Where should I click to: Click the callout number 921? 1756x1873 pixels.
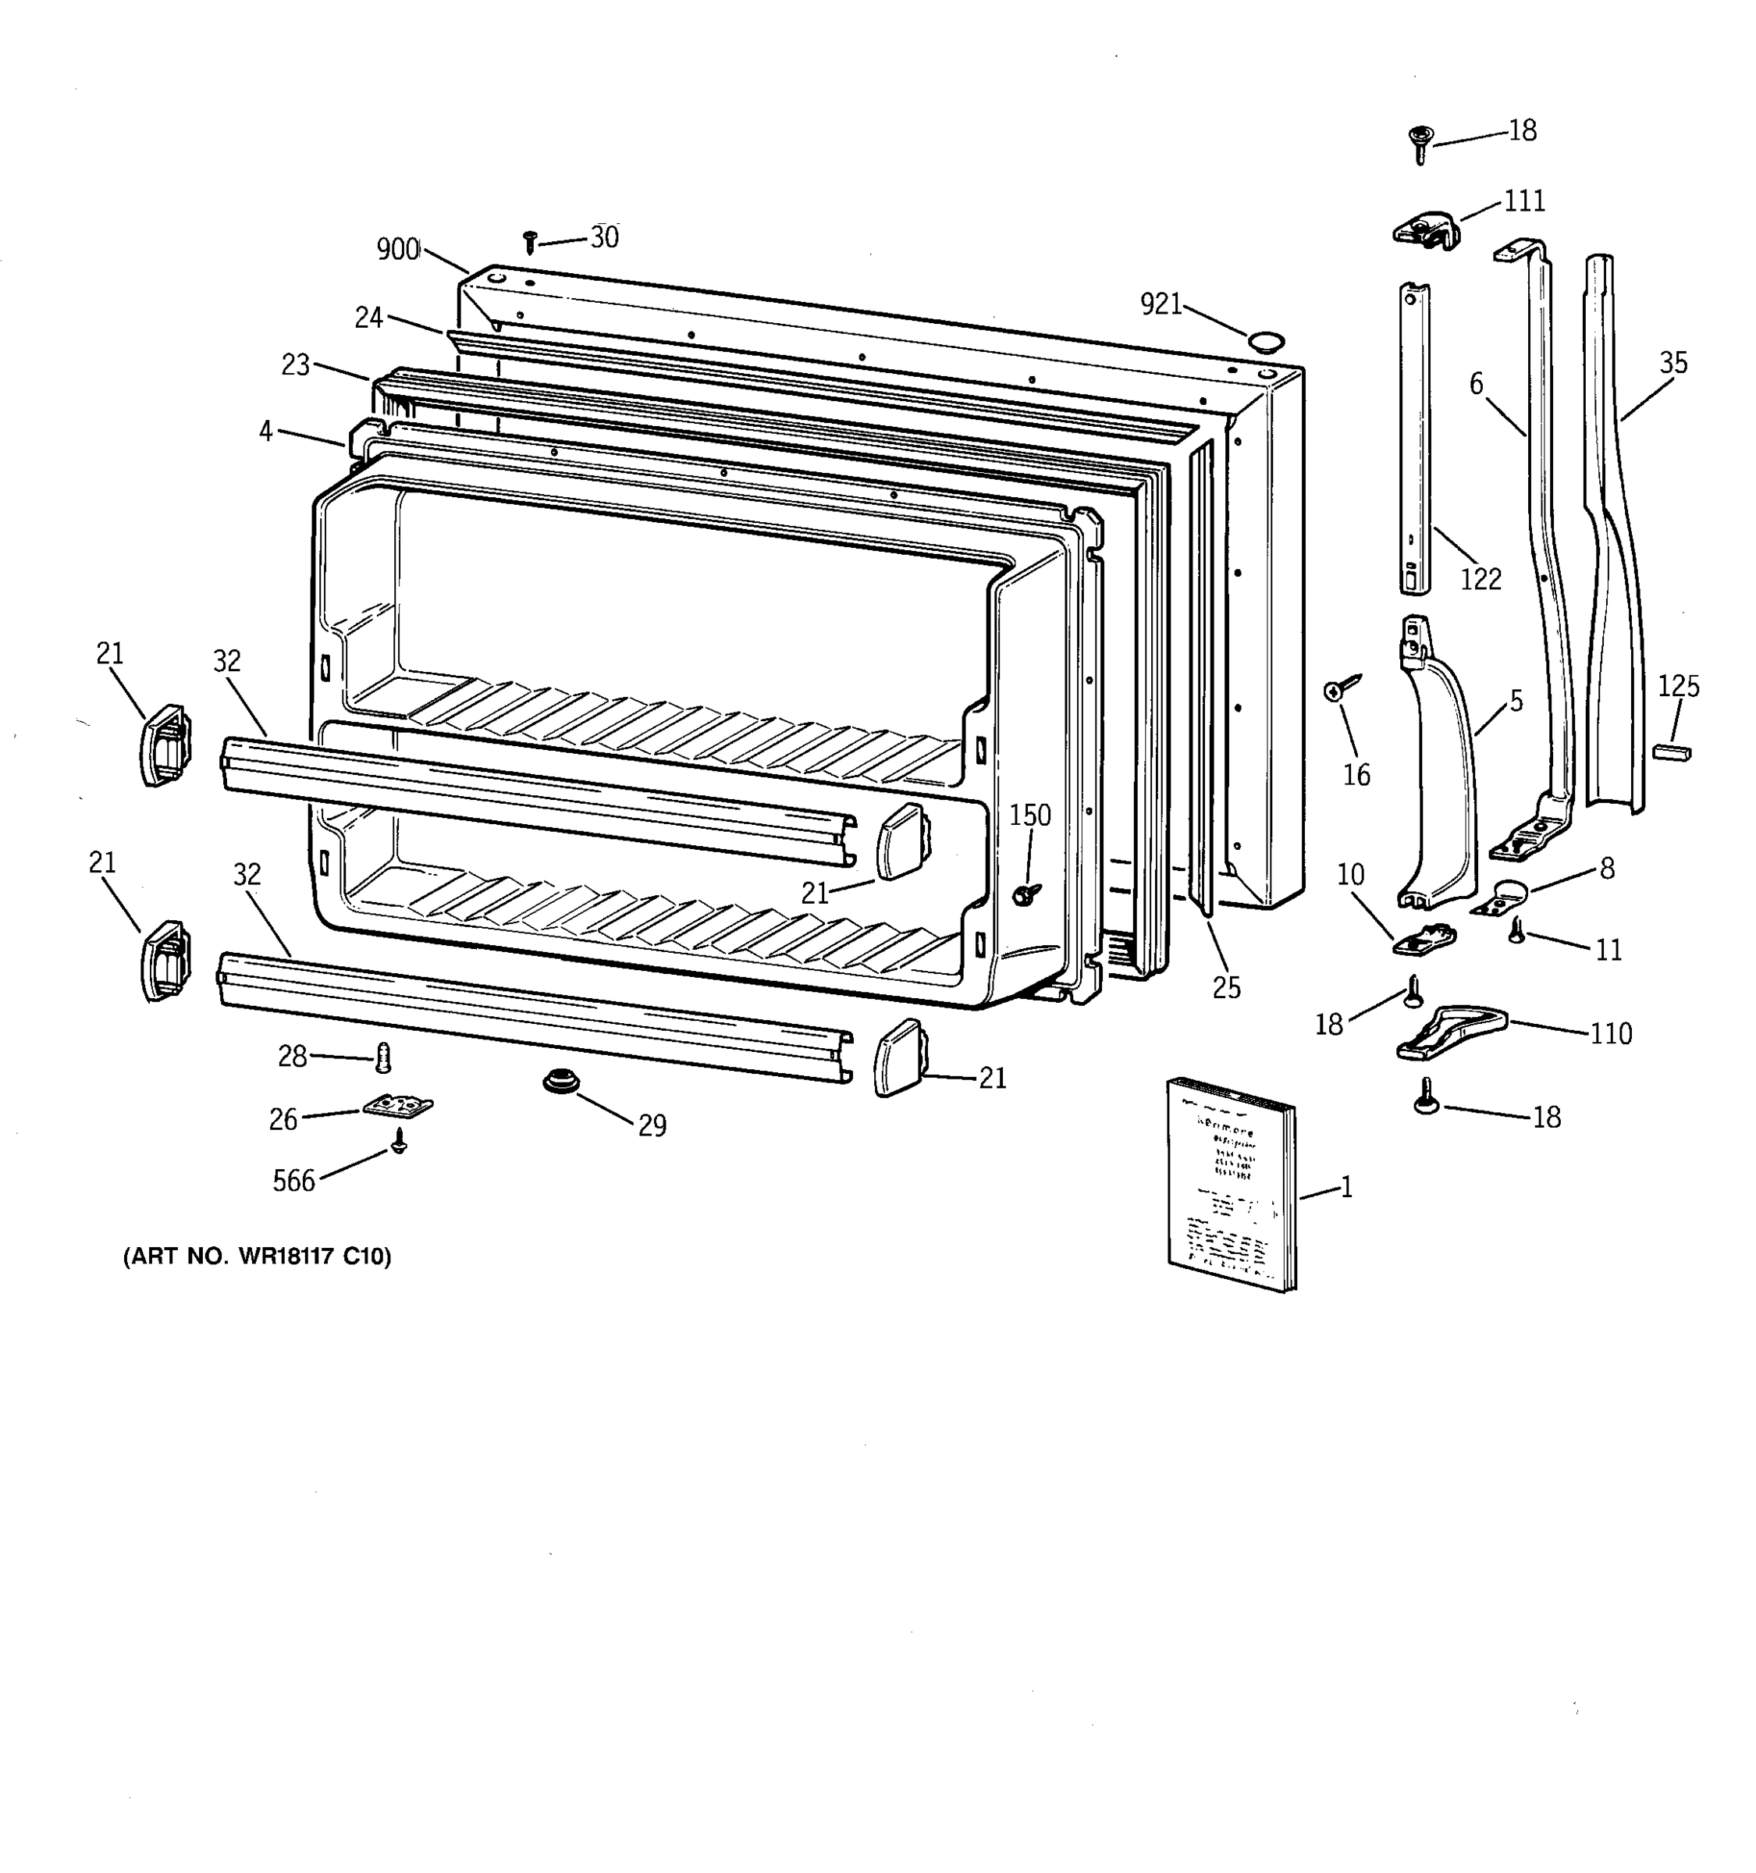[1161, 304]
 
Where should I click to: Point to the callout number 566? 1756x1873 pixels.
[293, 1181]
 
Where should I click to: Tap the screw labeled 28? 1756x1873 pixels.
[382, 1057]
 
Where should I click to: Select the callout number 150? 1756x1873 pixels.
[1029, 815]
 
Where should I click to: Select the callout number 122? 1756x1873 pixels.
[1480, 578]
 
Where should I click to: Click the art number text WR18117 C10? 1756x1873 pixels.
[258, 1256]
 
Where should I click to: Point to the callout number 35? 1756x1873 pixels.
[1673, 363]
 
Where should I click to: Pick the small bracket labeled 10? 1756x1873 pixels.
[1424, 938]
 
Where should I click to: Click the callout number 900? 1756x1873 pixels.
[397, 249]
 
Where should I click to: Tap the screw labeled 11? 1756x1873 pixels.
[1516, 931]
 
